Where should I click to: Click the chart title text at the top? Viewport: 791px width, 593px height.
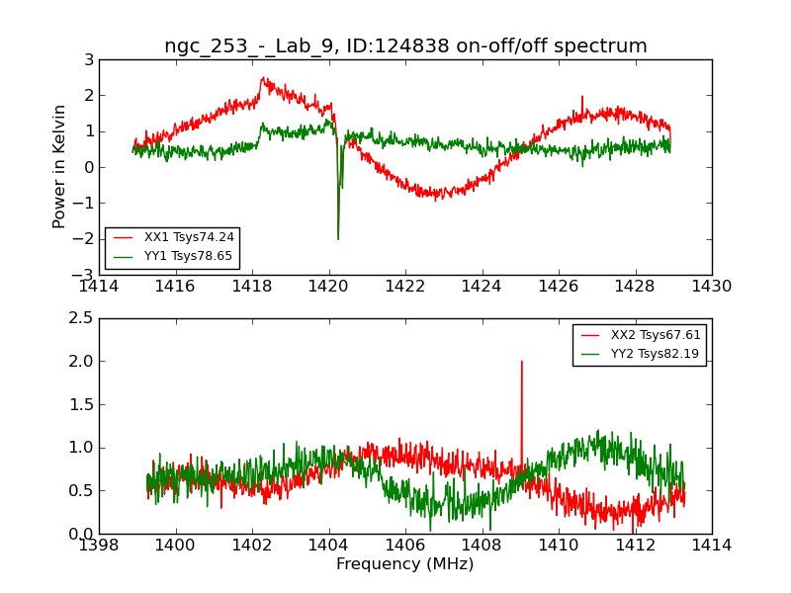(405, 46)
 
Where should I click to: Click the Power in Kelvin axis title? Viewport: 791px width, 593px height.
(60, 166)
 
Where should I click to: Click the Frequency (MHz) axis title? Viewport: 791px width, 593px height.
(405, 564)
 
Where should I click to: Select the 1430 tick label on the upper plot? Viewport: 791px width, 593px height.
(711, 287)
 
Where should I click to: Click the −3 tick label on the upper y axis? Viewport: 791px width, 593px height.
(86, 275)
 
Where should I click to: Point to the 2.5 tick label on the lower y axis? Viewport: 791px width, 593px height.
(81, 318)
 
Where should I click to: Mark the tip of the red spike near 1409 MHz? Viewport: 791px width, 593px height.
(521, 362)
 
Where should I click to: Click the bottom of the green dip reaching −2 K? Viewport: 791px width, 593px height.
(338, 238)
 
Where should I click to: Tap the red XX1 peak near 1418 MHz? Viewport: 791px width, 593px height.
(263, 78)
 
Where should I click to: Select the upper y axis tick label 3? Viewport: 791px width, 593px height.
(89, 60)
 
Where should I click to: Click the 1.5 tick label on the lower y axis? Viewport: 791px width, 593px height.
(81, 404)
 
